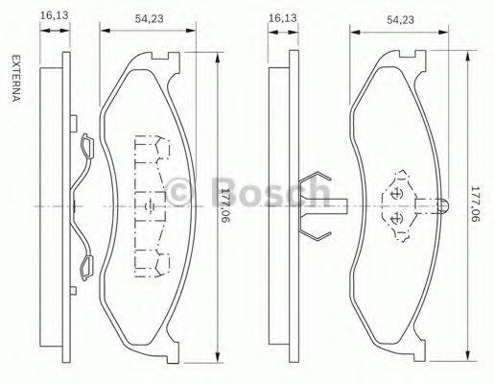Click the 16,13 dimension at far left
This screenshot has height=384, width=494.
53,15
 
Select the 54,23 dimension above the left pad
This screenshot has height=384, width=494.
147,16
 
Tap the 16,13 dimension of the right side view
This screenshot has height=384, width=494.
281,16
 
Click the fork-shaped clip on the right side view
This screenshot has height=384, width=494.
315,205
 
